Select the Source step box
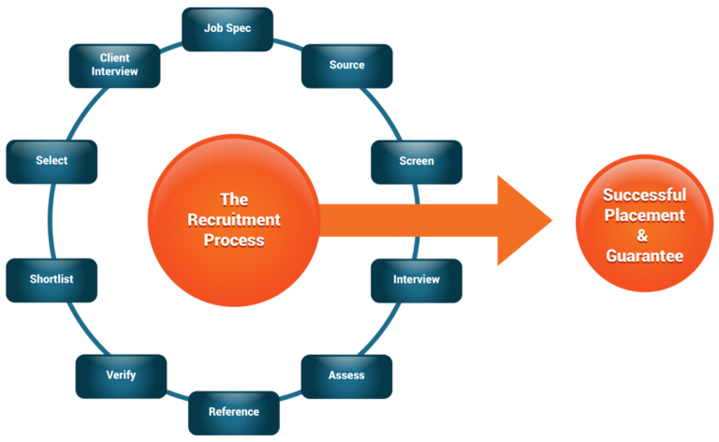(346, 66)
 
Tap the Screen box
(416, 161)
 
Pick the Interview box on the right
(416, 280)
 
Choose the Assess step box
(346, 376)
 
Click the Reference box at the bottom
(233, 412)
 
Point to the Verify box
(121, 376)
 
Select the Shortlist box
(51, 280)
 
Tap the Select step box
(51, 161)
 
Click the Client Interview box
(114, 65)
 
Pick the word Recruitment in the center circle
(234, 220)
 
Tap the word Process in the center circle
(234, 241)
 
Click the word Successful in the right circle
(644, 196)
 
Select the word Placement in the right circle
(644, 215)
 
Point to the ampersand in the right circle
(644, 236)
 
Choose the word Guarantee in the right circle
(644, 256)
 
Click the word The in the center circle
(234, 199)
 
